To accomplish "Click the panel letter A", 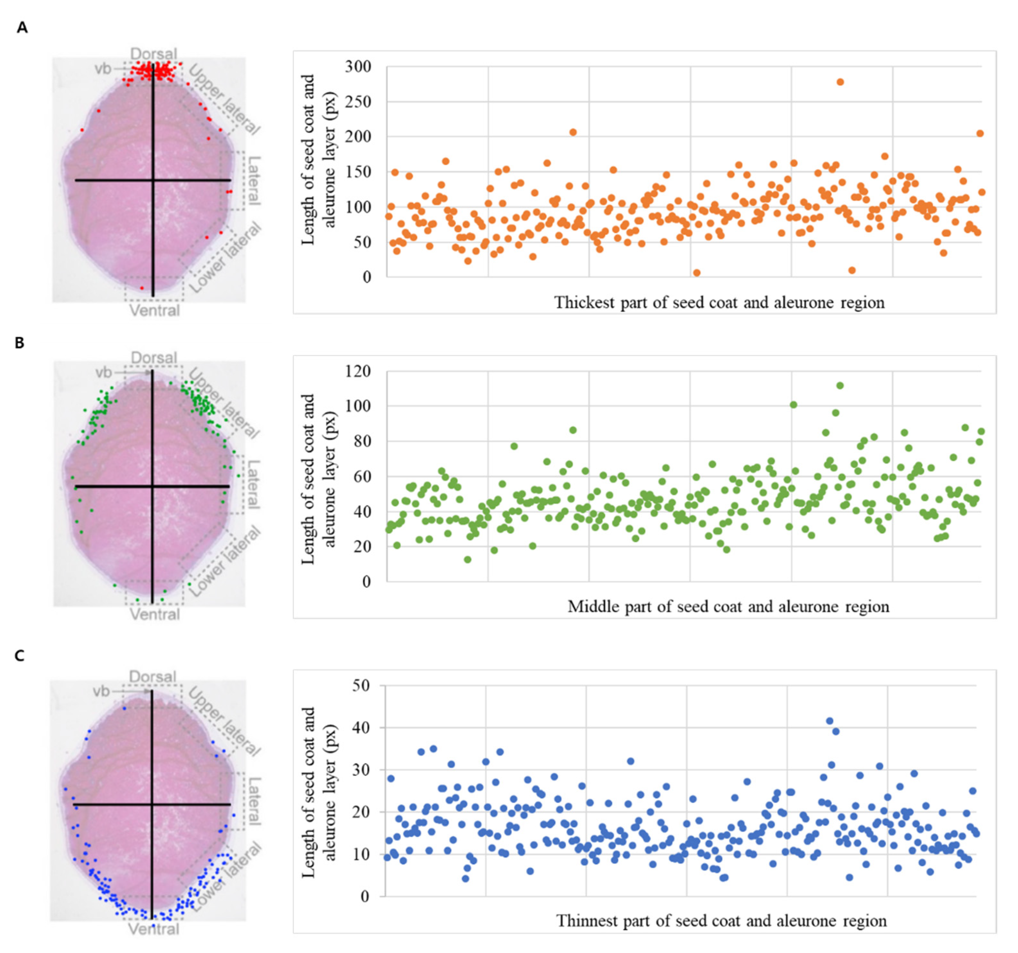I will pos(22,28).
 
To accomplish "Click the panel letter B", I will pos(19,343).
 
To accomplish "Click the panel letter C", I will pos(19,656).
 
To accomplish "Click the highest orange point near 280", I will pos(840,82).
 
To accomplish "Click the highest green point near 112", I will pos(840,386).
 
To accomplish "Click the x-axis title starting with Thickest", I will pos(719,303).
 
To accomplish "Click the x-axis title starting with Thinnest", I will pos(721,921).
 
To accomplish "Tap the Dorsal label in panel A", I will pos(153,54).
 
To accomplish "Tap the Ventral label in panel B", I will pos(155,614).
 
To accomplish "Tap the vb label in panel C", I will pos(101,692).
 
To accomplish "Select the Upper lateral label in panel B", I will pos(223,403).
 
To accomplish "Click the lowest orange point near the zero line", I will pos(697,273).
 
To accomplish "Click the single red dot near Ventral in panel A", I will pos(142,288).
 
